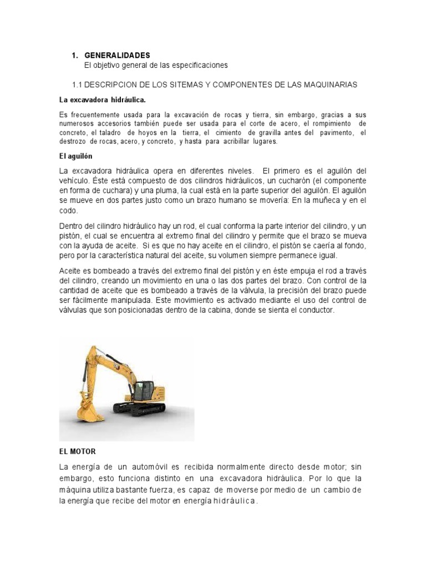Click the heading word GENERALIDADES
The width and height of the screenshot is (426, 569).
[117, 56]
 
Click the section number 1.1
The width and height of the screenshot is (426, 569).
[78, 84]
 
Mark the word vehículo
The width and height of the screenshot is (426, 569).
[74, 181]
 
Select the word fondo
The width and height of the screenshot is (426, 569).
[353, 246]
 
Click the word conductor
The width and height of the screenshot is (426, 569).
[315, 311]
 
